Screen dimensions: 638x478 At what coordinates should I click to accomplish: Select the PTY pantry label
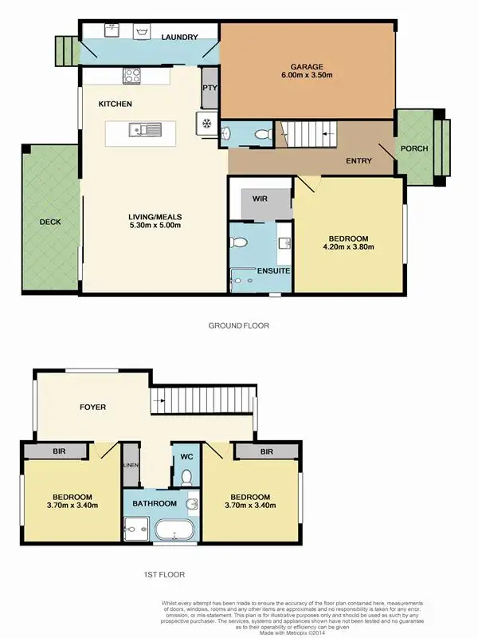click(x=210, y=89)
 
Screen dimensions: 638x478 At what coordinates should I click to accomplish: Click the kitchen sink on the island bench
click(x=147, y=128)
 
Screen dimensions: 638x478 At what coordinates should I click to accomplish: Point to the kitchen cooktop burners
click(x=131, y=77)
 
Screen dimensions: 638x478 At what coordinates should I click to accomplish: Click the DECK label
click(x=49, y=223)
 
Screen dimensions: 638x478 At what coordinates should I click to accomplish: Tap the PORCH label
click(x=413, y=149)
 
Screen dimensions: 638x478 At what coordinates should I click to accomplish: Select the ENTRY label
click(x=358, y=161)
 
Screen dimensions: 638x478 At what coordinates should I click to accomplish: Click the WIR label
click(x=259, y=197)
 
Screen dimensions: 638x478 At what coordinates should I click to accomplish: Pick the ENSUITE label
click(x=273, y=271)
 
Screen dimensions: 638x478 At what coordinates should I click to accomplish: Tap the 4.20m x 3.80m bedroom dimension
click(x=348, y=247)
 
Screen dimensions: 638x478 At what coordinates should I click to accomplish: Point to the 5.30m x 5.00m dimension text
click(x=156, y=226)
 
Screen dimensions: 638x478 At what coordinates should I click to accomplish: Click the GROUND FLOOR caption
click(x=239, y=325)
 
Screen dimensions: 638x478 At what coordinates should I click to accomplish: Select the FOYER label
click(x=92, y=408)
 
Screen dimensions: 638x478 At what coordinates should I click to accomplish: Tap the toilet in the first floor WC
click(x=186, y=477)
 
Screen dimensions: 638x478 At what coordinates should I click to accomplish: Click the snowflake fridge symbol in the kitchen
click(x=205, y=124)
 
